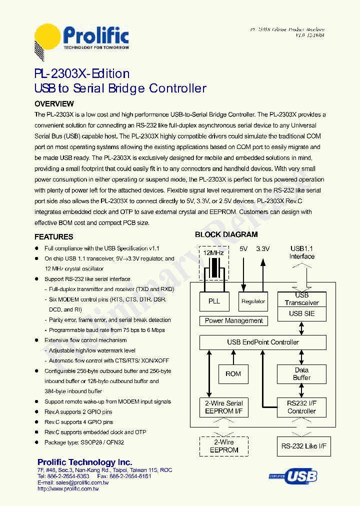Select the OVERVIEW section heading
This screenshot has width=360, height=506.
tap(54, 104)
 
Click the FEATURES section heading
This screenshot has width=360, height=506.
tap(53, 237)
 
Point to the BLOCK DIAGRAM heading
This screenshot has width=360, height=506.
tap(226, 234)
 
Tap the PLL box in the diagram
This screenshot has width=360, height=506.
tap(214, 301)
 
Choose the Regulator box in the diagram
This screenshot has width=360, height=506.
tap(253, 301)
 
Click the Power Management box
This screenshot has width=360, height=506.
tap(233, 321)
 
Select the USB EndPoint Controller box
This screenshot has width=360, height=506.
tap(262, 342)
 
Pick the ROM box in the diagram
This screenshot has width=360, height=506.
tap(233, 374)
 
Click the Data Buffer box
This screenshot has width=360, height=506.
tap(301, 374)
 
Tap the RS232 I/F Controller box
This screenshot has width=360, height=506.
tap(301, 407)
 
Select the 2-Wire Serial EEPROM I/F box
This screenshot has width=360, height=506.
tap(223, 407)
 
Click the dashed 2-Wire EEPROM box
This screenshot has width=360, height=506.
tap(223, 446)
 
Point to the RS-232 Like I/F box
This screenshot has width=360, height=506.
tap(303, 446)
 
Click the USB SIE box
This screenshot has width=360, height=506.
tap(302, 314)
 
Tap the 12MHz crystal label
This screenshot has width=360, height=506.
tap(213, 253)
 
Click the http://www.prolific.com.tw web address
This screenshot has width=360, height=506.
tap(68, 489)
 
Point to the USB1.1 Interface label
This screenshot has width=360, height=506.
tap(302, 252)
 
